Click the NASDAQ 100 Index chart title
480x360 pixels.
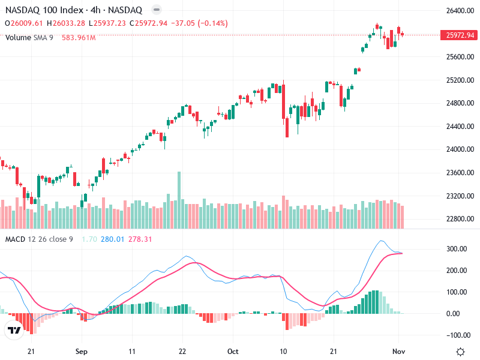[73, 10]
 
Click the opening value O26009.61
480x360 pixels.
[24, 23]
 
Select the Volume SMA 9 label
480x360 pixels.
[29, 37]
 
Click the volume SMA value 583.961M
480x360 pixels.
[79, 37]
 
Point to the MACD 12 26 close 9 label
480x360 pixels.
[39, 240]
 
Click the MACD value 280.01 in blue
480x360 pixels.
[112, 240]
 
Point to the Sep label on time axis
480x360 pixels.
[82, 352]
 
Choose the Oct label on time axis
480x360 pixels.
[233, 352]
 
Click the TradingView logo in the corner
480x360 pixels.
[14, 330]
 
